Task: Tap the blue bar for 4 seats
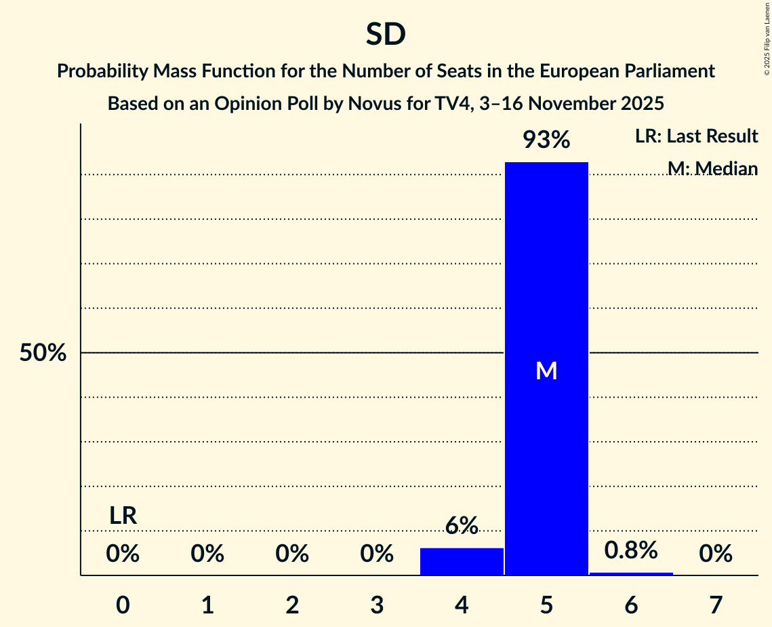tap(462, 561)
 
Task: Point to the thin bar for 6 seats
tap(631, 573)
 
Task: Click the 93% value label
tap(546, 140)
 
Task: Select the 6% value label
tap(462, 525)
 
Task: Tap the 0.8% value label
tap(631, 550)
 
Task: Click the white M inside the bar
tap(546, 370)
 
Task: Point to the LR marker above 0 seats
tap(123, 516)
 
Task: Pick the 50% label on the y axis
tap(43, 353)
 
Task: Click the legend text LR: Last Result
tap(696, 136)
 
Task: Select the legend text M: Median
tap(712, 168)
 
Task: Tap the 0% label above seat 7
tap(716, 554)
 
